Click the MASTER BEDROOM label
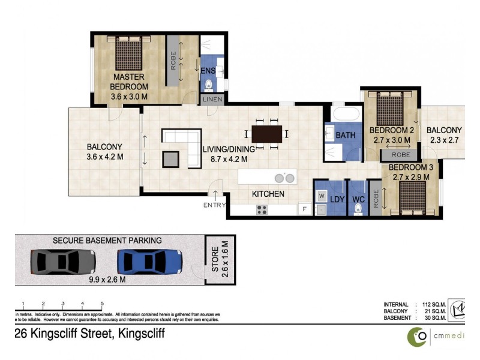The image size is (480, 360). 129,82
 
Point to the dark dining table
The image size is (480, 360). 266,133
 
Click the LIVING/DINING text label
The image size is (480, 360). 229,149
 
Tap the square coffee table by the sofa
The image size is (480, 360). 170,158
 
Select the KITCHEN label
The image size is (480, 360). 268,194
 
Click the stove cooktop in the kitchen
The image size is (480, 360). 262,209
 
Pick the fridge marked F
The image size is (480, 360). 304,209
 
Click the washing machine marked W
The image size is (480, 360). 321,196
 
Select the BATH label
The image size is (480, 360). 345,135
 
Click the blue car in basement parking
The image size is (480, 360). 150,262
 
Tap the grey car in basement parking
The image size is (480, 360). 63,262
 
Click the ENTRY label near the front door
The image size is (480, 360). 215,205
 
